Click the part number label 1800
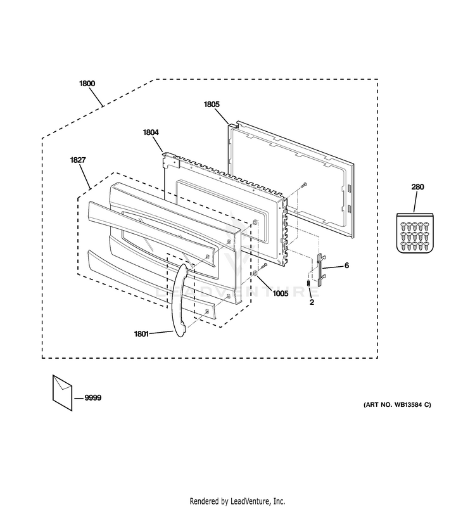coord(87,83)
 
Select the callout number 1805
coord(212,105)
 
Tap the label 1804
coord(151,132)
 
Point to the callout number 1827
coord(78,161)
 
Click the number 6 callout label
coord(346,266)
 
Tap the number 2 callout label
coord(311,303)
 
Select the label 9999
coord(92,397)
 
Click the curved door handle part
coord(177,298)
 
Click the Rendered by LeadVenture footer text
coord(237,501)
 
